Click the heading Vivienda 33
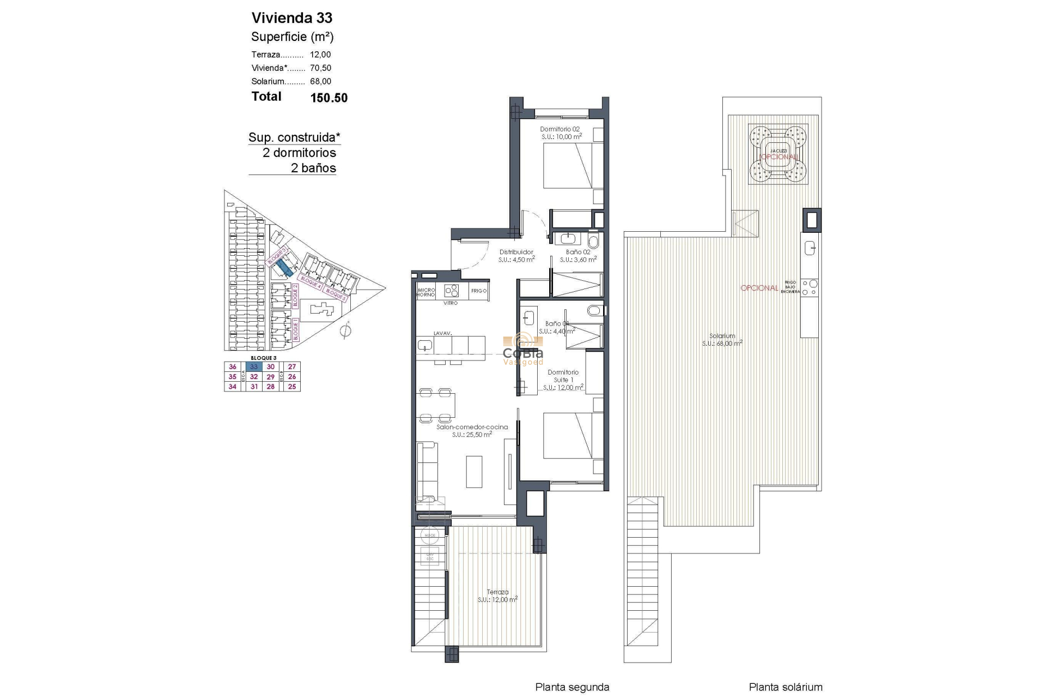coord(291,18)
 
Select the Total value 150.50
coord(329,98)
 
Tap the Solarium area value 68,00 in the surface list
coord(320,81)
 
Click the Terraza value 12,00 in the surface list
coord(320,55)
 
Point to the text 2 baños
coord(313,168)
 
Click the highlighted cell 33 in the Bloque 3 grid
coord(254,367)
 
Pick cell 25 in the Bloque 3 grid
coord(292,387)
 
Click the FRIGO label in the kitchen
coord(479,291)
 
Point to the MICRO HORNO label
coord(425,292)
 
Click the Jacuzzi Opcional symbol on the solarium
coord(778,154)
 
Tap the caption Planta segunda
coord(572,687)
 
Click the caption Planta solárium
coord(785,687)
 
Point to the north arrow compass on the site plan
coord(345,330)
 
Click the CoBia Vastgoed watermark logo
coord(522,349)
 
